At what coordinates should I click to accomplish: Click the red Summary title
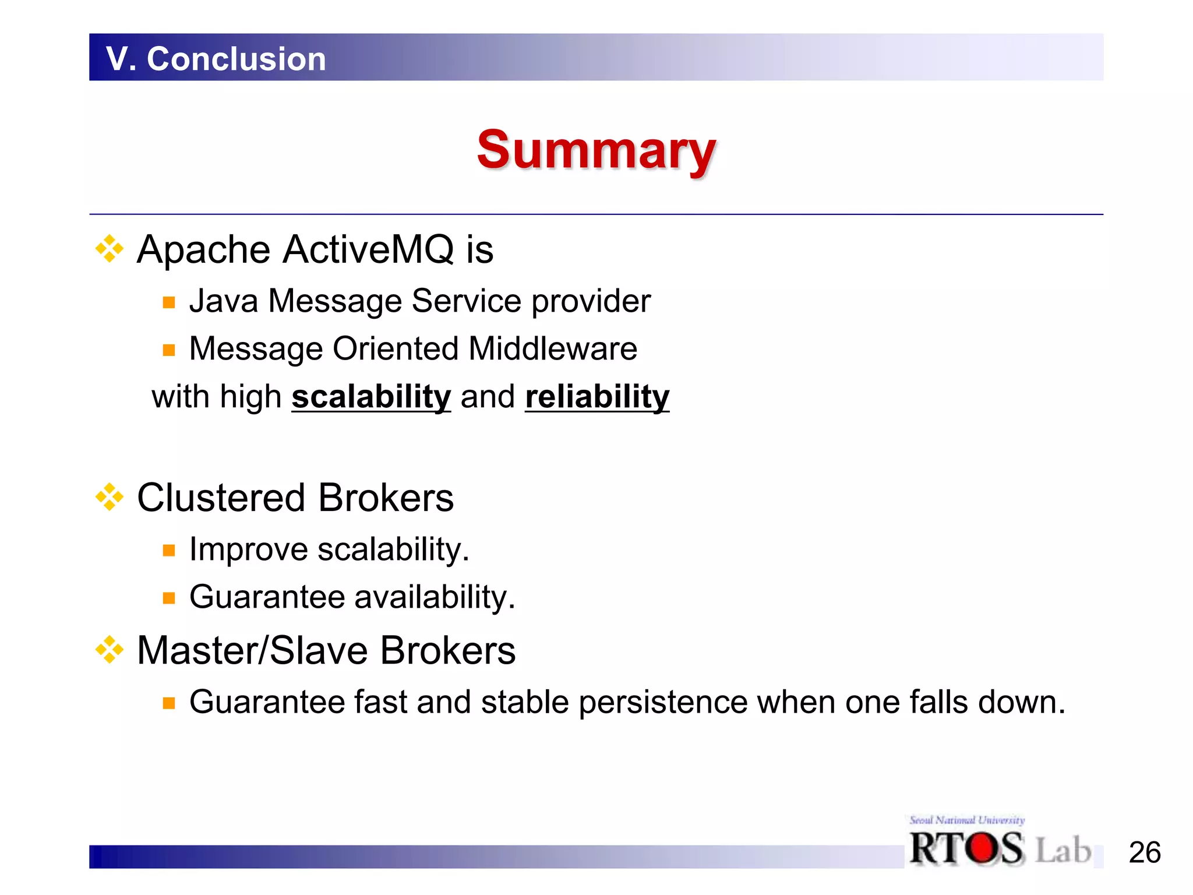tap(596, 150)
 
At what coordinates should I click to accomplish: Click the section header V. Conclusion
tap(216, 59)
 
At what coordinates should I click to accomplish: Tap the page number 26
tap(1144, 852)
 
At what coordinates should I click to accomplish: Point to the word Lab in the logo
tap(1063, 850)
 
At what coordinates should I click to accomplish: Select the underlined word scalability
tap(371, 397)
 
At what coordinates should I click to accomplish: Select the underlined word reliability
tap(597, 397)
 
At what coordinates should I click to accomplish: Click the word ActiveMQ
tap(368, 250)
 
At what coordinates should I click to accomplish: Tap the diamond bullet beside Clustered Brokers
tap(110, 497)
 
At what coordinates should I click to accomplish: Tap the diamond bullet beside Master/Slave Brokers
tap(110, 650)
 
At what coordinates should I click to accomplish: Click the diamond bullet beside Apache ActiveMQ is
tap(110, 249)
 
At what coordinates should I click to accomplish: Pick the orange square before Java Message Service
tap(169, 302)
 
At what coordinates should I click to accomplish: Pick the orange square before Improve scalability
tap(169, 551)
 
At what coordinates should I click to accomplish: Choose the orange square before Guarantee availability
tap(169, 598)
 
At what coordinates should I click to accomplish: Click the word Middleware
tap(553, 349)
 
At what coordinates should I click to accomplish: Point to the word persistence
tap(662, 702)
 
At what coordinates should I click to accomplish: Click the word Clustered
tap(221, 498)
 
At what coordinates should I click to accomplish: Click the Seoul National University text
tap(967, 820)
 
